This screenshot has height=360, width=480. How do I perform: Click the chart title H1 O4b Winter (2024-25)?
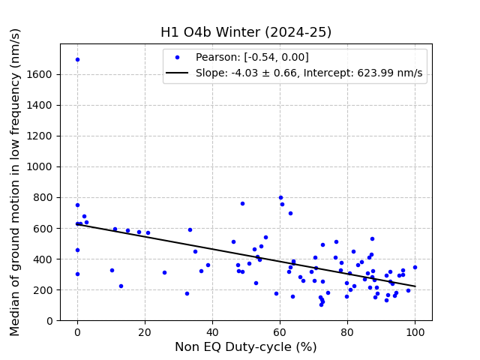point(246,32)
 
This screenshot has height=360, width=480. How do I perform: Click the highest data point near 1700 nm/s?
point(77,59)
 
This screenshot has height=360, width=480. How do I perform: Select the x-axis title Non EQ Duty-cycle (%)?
point(246,346)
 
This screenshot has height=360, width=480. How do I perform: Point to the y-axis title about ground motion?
point(16,181)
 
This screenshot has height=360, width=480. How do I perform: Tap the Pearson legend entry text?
point(252,58)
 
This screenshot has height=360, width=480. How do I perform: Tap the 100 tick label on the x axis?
point(415,331)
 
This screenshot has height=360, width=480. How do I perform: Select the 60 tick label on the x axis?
point(280,331)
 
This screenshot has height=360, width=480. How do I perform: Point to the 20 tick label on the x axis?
point(145,331)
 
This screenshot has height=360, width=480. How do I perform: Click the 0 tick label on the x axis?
point(77,331)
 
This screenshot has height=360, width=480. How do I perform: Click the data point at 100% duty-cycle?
point(415,267)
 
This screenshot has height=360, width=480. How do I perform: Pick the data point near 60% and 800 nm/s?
point(280,198)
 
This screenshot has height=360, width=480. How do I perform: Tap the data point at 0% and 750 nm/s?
point(77,205)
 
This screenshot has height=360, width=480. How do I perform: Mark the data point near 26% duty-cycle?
point(164,272)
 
